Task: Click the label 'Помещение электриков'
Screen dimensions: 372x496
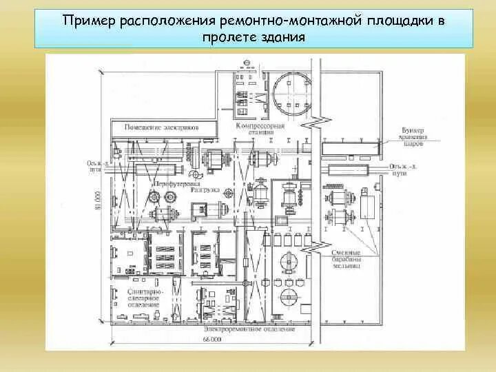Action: click(161, 127)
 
